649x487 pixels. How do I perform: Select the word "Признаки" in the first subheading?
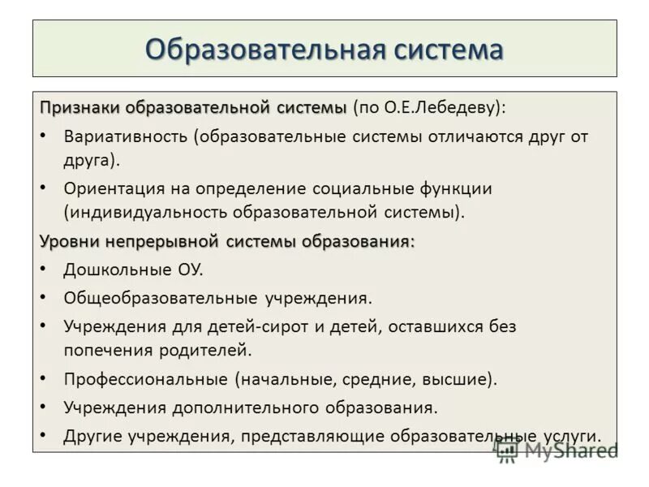(x=80, y=108)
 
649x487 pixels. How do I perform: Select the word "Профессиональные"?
(x=146, y=378)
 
